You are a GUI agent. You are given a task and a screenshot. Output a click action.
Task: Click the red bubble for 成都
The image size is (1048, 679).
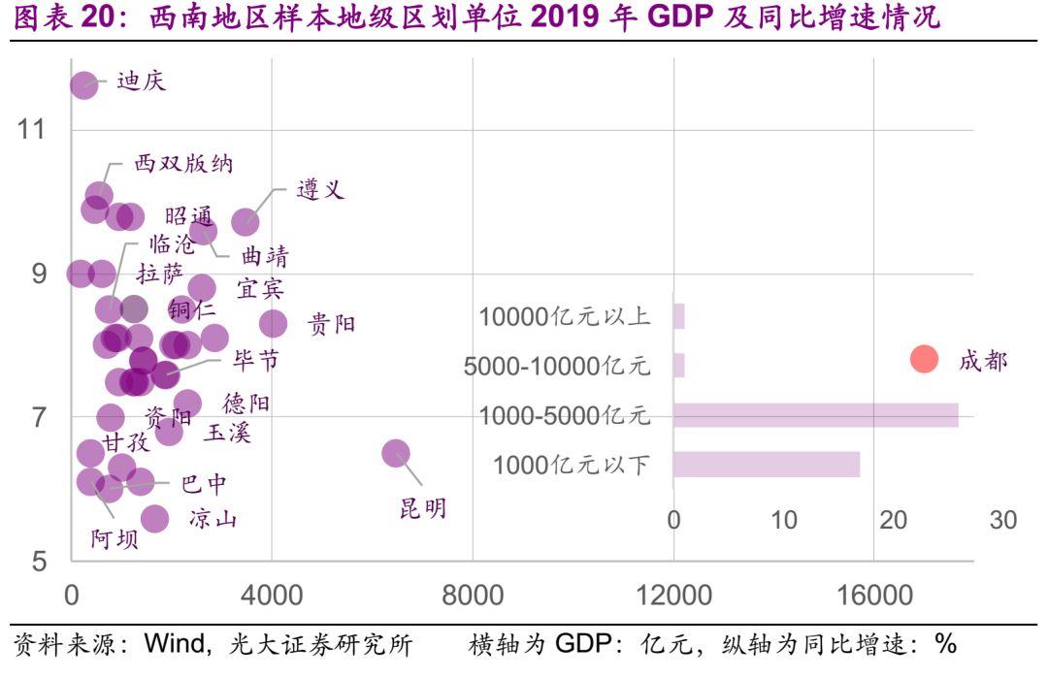[924, 359]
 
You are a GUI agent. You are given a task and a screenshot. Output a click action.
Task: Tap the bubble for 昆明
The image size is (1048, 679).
[396, 453]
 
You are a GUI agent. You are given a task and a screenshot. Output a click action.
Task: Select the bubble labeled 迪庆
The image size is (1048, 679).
[84, 85]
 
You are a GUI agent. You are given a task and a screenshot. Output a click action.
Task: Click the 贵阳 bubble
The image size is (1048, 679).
[274, 323]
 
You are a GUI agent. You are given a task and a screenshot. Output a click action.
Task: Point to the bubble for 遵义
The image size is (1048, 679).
[246, 221]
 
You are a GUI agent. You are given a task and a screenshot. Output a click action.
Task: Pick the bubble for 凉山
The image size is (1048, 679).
[154, 519]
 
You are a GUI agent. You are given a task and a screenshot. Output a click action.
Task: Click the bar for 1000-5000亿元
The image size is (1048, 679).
[815, 415]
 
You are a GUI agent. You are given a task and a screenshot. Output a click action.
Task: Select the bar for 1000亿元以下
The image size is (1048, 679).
[767, 465]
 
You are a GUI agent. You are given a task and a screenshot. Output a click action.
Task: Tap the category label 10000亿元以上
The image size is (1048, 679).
[564, 317]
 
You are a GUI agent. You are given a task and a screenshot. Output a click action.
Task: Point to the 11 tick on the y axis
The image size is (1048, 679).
[32, 129]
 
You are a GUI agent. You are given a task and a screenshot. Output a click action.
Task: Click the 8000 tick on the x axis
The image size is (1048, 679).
[473, 595]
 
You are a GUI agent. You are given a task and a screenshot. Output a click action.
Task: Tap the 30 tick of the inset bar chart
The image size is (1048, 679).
[1003, 521]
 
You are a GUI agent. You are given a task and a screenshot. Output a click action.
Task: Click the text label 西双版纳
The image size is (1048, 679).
[183, 164]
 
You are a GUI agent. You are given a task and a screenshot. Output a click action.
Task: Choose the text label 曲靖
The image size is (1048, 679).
[264, 257]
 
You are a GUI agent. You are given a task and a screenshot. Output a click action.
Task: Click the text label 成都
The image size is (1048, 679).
[983, 361]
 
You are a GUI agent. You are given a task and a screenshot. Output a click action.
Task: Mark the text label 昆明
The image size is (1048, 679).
[423, 509]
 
